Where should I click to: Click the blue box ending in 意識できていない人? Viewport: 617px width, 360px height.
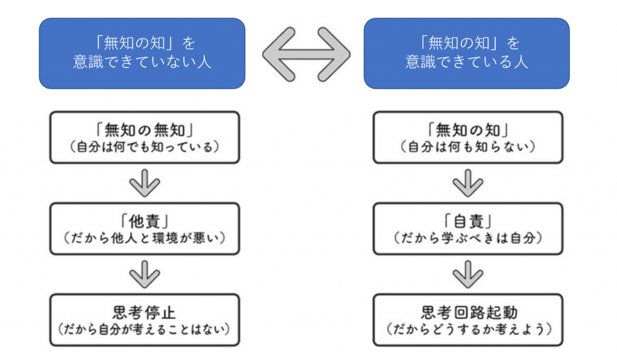142,53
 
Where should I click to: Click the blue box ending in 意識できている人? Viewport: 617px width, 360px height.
466,53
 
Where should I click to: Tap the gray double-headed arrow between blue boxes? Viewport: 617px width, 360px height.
305,53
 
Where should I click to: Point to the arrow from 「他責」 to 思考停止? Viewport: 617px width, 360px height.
145,274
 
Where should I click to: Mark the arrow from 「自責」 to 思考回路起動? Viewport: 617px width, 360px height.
469,274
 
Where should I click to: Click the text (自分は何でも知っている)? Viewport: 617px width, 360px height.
144,147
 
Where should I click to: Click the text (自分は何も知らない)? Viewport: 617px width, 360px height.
468,147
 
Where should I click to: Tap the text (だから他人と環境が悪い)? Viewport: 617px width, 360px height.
144,238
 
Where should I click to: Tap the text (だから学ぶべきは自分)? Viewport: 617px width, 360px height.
468,238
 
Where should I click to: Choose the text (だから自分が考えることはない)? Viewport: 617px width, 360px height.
144,330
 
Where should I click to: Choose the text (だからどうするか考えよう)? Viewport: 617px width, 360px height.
468,330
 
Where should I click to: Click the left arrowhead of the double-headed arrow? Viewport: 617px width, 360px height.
274,53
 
